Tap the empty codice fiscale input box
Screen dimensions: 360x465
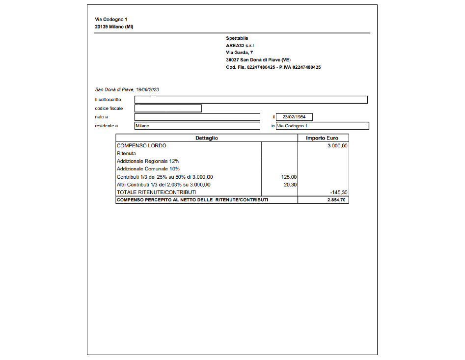coord(168,109)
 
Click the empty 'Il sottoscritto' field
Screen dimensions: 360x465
coord(251,100)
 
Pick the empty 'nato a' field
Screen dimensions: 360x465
coord(197,117)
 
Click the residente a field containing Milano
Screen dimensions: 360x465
coord(197,126)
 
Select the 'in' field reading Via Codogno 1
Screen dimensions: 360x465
coord(322,126)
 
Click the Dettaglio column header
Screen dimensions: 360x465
coord(207,138)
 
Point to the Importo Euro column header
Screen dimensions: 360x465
coord(322,138)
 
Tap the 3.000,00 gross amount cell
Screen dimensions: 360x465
coord(337,146)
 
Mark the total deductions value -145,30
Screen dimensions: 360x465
coord(338,192)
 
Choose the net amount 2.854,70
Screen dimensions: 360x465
coord(337,200)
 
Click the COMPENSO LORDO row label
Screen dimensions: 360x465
coord(141,146)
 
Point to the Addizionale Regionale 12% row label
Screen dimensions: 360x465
coord(148,161)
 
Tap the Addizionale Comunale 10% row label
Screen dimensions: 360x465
coord(148,169)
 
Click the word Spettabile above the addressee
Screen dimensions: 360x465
coord(237,38)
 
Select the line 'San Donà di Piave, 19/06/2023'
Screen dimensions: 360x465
coord(127,90)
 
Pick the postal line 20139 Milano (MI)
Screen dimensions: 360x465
coord(114,27)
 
